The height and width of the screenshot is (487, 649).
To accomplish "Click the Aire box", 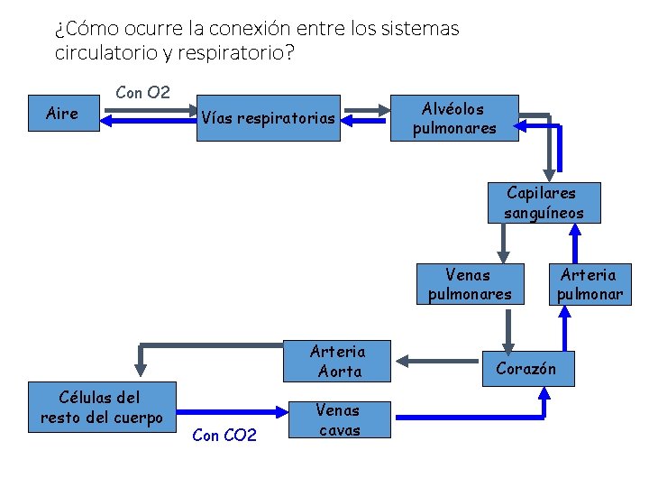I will tap(64, 114).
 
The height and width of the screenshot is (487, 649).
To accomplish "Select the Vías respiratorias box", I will tap(268, 118).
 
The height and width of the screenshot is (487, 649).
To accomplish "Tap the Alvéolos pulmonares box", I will tap(454, 118).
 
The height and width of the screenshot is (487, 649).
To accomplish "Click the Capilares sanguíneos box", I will tap(544, 203).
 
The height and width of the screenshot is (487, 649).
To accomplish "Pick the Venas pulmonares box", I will tap(469, 284).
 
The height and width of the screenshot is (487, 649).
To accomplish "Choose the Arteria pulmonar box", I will tap(590, 284).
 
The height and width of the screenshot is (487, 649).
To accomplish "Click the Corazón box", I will tap(526, 368).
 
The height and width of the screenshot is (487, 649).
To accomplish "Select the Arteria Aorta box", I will tap(337, 361).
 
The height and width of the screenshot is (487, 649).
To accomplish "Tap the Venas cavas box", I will tap(340, 419).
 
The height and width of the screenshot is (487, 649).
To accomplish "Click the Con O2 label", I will tap(143, 92).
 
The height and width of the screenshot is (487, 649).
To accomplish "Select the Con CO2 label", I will tap(224, 436).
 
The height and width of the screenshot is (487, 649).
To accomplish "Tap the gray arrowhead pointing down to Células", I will tap(140, 366).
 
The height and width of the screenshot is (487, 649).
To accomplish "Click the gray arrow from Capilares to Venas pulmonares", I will tap(504, 243).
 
